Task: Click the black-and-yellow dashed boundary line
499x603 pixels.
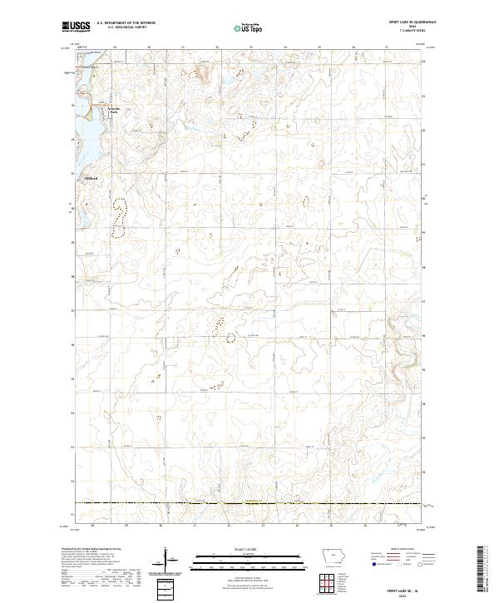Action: [249, 502]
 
